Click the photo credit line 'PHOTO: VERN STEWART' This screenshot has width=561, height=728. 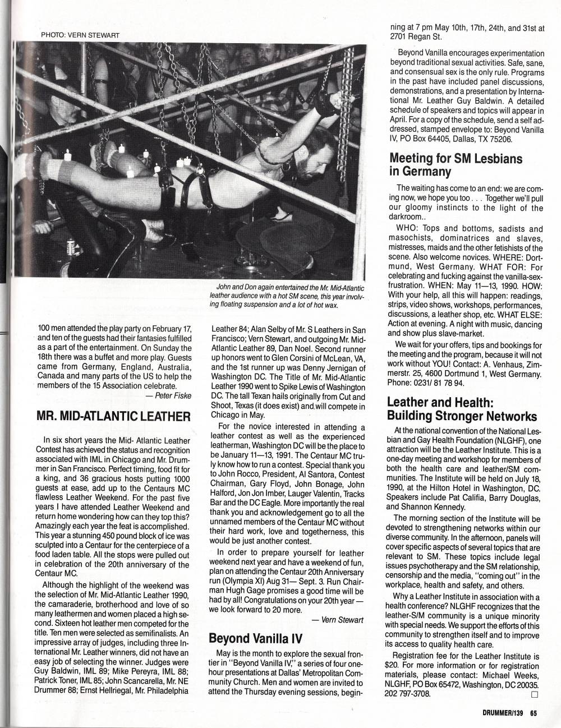pos(80,34)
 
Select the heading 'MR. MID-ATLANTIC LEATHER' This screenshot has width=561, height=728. pos(113,416)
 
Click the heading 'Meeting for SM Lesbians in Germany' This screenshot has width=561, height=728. pos(456,164)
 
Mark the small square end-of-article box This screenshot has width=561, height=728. pos(534,694)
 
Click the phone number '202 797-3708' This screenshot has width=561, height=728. pos(409,694)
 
